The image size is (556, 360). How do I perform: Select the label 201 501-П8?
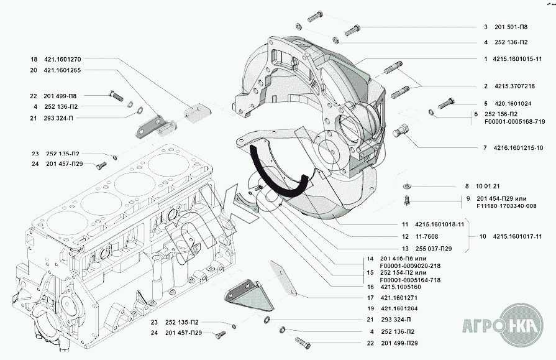(x=511, y=27)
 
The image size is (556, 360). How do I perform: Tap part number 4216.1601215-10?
(x=519, y=148)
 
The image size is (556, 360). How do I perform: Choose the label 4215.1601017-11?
(x=517, y=236)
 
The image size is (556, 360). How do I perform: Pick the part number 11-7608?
(x=427, y=236)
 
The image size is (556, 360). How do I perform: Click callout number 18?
(x=34, y=60)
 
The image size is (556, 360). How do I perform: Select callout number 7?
(x=484, y=148)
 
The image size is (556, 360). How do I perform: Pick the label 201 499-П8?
(x=62, y=96)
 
